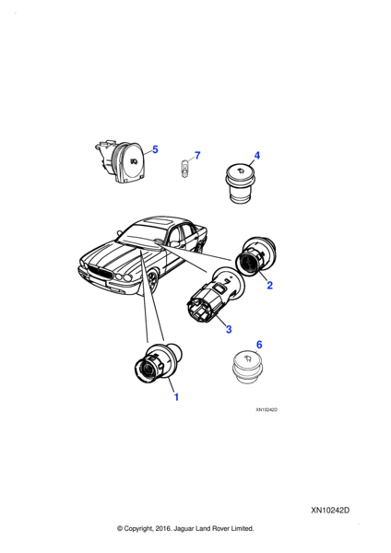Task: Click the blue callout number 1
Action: [x=176, y=397]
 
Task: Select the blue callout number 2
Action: [x=269, y=285]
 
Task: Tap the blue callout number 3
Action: [x=229, y=329]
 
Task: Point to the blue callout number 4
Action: [x=257, y=156]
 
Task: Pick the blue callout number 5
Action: [x=155, y=149]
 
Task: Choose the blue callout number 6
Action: [x=259, y=344]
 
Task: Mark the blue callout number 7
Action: [x=197, y=156]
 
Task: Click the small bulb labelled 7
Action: [x=184, y=168]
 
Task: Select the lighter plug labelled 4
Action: [x=239, y=183]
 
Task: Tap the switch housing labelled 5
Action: [x=120, y=162]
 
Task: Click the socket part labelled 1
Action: [x=158, y=363]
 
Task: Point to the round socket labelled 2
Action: [x=255, y=256]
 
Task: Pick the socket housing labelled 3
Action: [x=215, y=294]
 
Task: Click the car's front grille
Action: [x=100, y=274]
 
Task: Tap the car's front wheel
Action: [x=152, y=281]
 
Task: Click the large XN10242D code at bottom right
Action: [x=330, y=511]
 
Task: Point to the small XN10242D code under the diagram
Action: [x=267, y=410]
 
